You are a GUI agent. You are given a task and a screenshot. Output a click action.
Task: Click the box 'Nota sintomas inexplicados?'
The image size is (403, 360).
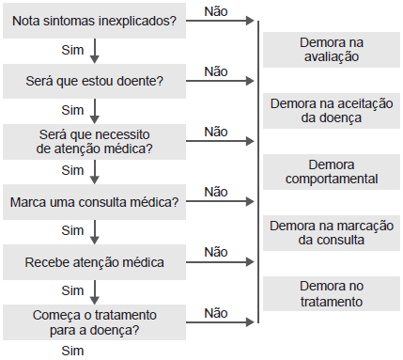(x=95, y=22)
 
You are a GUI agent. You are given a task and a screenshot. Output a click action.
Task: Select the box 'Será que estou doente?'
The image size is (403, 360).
(x=95, y=81)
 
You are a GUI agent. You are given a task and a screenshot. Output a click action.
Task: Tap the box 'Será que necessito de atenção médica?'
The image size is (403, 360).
(x=95, y=140)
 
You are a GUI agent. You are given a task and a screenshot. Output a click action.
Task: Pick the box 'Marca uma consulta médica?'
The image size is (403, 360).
(x=95, y=201)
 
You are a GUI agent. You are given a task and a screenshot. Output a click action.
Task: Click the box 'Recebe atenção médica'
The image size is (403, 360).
(x=95, y=261)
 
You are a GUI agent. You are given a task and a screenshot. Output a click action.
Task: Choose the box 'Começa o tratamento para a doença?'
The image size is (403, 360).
(x=95, y=321)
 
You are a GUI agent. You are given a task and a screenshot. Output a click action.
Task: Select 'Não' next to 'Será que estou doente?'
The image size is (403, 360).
(x=215, y=70)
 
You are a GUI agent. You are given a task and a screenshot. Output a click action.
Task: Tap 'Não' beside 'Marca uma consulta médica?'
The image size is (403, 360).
(x=215, y=191)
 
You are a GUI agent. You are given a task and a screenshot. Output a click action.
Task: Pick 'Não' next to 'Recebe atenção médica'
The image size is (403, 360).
(x=215, y=252)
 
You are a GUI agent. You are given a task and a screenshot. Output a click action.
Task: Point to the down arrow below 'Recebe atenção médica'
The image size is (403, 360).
(x=95, y=290)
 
